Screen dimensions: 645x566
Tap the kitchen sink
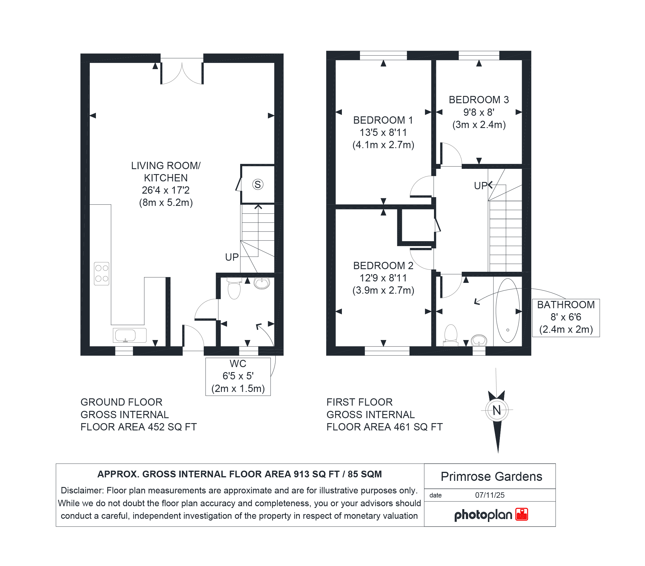[x=130, y=335]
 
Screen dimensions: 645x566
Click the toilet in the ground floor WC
[x=234, y=288]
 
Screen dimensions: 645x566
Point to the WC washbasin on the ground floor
[x=262, y=283]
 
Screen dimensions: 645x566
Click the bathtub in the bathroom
[x=508, y=310]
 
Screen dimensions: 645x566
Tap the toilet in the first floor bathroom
[x=451, y=335]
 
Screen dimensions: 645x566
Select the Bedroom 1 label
[x=383, y=120]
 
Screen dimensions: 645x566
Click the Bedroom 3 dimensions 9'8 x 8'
[x=479, y=112]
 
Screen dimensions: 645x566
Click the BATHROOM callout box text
[x=566, y=317]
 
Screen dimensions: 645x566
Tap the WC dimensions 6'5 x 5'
[x=238, y=376]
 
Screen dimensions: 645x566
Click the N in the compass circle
[x=497, y=410]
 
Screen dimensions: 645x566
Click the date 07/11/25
[x=490, y=495]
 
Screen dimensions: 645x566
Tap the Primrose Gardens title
[x=491, y=476]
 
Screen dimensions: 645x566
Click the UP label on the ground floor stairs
[x=232, y=257]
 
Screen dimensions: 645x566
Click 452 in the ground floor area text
[x=156, y=427]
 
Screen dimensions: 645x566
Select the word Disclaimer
[x=82, y=490]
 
